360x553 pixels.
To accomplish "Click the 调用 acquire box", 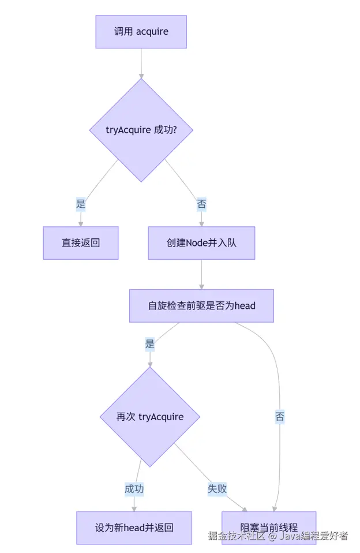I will coord(141,32).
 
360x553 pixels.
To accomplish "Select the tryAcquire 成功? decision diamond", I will coord(141,130).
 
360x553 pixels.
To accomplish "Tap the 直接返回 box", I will coord(81,243).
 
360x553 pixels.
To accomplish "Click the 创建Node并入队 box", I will coord(201,243).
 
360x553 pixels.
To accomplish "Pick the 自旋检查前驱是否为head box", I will coord(201,305).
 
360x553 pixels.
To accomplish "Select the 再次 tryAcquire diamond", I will coord(150,417).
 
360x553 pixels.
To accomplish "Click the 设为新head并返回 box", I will coord(134,528).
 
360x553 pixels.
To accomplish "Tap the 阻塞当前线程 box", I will coord(269,528).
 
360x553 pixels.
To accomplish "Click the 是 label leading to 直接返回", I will coord(81,204).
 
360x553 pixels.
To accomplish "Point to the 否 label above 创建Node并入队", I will coord(201,204).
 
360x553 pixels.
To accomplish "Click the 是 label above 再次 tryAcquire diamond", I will coord(150,345).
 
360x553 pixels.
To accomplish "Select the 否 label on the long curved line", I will coord(280,417).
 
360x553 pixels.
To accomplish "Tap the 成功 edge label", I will coord(134,489).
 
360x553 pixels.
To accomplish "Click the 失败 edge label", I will coord(217,489).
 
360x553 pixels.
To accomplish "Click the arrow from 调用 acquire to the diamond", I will coord(141,63).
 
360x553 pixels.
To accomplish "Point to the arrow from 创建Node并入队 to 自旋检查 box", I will coord(201,274).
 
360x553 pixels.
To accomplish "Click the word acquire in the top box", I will coord(152,32).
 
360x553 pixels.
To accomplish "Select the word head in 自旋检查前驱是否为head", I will coord(245,305).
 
